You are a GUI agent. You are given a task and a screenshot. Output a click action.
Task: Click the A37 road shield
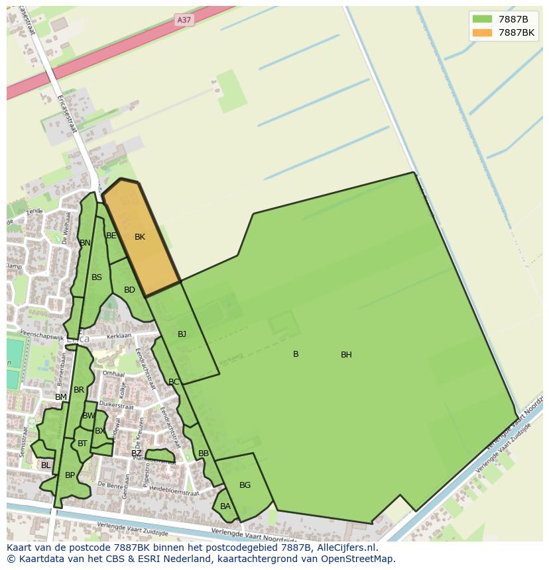tap(184, 20)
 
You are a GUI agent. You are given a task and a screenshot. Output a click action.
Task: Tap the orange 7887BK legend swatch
tap(482, 32)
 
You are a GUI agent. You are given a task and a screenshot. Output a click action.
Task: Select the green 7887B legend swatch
tap(482, 19)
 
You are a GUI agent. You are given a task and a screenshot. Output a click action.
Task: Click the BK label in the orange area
tap(140, 237)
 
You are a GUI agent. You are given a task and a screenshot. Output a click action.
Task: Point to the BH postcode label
tap(346, 355)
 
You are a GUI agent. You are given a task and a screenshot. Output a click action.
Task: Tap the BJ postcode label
tap(182, 334)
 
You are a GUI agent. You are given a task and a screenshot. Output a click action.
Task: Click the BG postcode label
tap(245, 485)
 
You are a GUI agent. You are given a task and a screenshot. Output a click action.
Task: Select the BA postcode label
tap(225, 506)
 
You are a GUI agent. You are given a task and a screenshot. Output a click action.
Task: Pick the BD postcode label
tap(129, 290)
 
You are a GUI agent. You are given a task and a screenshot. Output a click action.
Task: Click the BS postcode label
tap(97, 277)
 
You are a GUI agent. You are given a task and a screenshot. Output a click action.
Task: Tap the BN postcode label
tap(85, 243)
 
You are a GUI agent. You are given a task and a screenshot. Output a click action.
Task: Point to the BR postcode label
tap(79, 390)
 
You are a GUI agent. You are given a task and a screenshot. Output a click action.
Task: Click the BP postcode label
tap(70, 475)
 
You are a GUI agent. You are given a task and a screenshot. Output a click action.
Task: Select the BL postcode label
tap(46, 465)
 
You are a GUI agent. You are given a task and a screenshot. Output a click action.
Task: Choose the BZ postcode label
tap(137, 453)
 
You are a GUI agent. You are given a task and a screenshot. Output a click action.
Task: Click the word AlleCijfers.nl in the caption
tap(345, 547)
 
